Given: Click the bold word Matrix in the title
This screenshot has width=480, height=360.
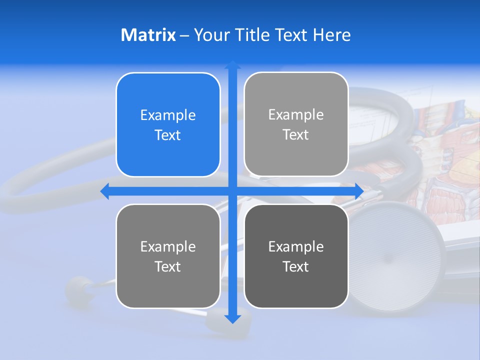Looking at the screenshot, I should click(x=148, y=35).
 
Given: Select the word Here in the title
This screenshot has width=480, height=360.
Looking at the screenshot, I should click(x=332, y=35).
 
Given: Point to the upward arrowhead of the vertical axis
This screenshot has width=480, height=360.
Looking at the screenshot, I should click(x=232, y=64).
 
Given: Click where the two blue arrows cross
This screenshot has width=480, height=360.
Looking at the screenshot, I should click(x=232, y=191).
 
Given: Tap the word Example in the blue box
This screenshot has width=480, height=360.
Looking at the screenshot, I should click(x=168, y=115).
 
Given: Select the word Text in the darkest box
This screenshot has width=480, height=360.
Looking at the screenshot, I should click(x=296, y=266).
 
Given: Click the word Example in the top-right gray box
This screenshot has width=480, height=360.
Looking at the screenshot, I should click(x=296, y=114).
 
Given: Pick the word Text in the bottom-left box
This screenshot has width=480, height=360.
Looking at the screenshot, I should click(x=168, y=266).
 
